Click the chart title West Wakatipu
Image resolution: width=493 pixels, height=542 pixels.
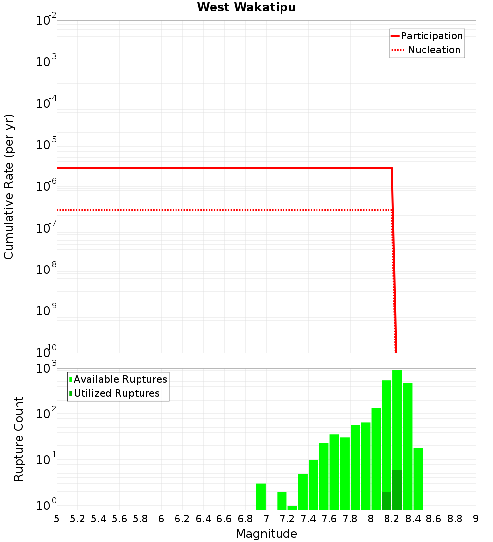tap(246, 8)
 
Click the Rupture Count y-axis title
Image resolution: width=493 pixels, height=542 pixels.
tap(19, 439)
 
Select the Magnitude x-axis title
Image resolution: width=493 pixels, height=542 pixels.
tap(266, 534)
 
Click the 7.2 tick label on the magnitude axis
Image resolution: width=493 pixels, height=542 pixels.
tap(287, 519)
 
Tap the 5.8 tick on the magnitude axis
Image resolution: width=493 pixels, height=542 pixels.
tap(140, 519)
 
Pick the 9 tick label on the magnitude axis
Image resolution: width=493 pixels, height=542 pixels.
tap(475, 519)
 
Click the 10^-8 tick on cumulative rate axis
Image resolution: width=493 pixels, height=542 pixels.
tap(46, 270)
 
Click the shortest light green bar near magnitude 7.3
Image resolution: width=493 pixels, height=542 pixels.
tap(292, 508)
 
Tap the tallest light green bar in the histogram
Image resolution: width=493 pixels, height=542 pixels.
tap(397, 419)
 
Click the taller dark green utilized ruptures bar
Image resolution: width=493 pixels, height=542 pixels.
tap(397, 490)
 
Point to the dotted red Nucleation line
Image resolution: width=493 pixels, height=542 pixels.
tap(222, 210)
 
